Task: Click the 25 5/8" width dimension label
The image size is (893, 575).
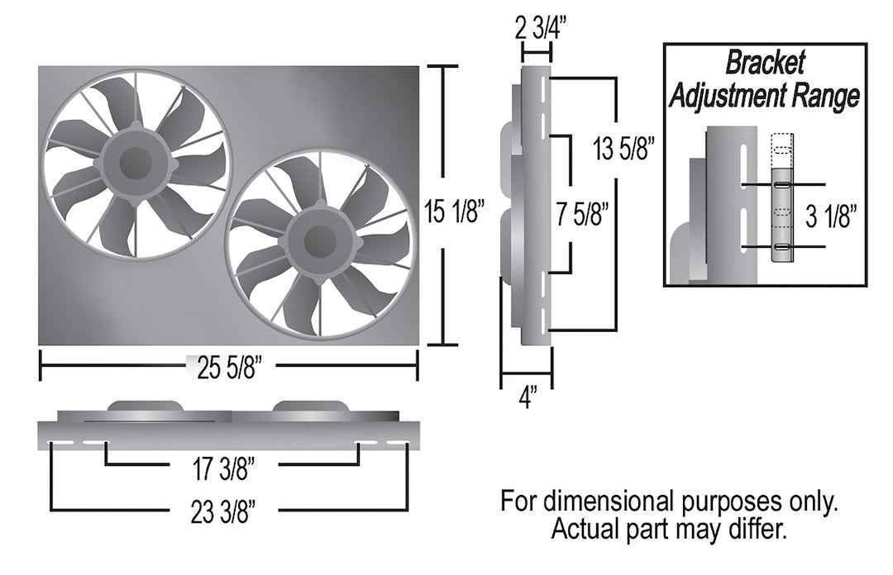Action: coord(229,366)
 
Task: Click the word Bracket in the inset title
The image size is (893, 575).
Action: coord(764,64)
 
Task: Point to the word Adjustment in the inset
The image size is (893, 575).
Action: coord(724,96)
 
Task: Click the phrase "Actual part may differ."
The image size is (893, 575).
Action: coord(669,528)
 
